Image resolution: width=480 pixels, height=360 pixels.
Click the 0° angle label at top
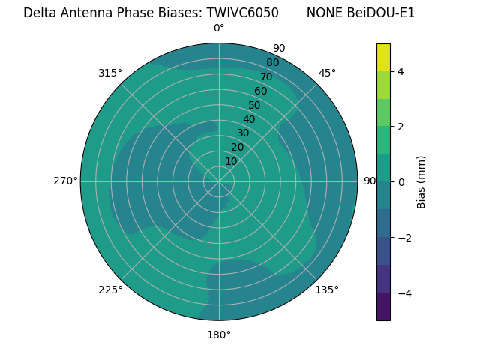(x=219, y=28)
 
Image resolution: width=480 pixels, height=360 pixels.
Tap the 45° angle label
(x=327, y=73)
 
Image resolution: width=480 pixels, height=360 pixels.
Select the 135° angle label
(x=327, y=289)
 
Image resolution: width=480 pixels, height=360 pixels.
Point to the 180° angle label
(x=219, y=334)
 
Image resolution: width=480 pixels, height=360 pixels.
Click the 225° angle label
(x=110, y=289)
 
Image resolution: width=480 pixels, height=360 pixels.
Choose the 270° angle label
(x=65, y=181)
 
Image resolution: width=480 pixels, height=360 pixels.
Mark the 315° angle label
(x=110, y=73)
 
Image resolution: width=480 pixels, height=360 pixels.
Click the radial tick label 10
(x=231, y=161)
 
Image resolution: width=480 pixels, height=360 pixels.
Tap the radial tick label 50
(x=254, y=106)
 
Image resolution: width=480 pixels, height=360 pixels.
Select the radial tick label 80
(x=272, y=63)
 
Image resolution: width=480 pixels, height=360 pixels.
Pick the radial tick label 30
(x=243, y=133)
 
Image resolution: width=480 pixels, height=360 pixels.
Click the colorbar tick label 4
(x=401, y=71)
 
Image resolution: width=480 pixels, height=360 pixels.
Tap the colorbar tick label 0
(x=401, y=182)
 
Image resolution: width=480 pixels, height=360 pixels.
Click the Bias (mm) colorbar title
(x=421, y=182)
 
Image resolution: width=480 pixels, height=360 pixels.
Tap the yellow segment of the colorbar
(x=383, y=57)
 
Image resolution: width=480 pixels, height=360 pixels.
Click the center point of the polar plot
(x=219, y=181)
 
